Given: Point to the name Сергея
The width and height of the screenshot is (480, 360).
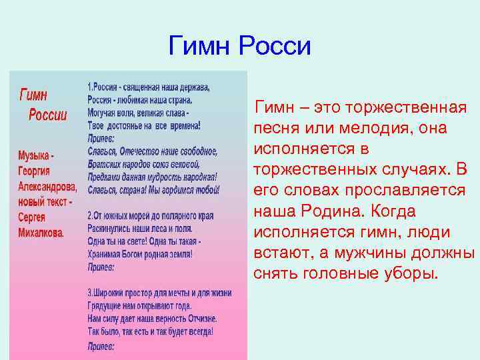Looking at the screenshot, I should click(x=37, y=218).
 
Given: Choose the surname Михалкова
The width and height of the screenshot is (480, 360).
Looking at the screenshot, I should click(x=41, y=233).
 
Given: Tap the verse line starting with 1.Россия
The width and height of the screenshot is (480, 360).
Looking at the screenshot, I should click(x=149, y=87).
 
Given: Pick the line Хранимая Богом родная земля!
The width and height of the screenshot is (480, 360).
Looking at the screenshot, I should click(x=140, y=254).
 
